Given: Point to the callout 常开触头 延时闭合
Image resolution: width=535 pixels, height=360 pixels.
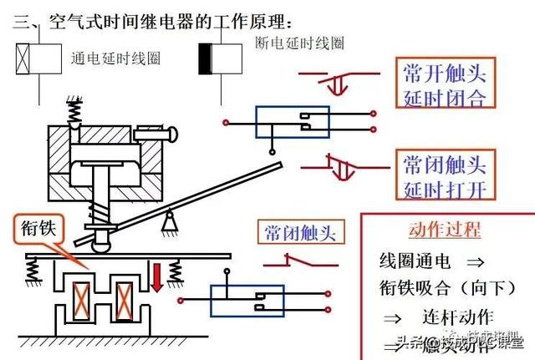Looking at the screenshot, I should point(444,84).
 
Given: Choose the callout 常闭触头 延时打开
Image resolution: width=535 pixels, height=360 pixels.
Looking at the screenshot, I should point(444,175).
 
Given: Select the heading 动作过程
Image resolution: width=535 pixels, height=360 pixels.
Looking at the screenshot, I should point(445,231).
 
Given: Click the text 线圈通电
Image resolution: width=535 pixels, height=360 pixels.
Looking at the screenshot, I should point(410,261).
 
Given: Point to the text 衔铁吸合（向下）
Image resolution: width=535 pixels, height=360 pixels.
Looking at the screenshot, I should point(442,289).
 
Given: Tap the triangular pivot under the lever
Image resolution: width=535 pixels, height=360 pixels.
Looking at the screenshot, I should point(173,220).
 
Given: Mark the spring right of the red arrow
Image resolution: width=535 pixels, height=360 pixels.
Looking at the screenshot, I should point(175,271).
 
